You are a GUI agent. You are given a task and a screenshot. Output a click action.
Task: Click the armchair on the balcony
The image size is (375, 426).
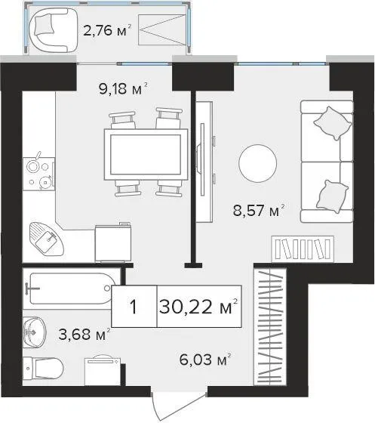point(53,30)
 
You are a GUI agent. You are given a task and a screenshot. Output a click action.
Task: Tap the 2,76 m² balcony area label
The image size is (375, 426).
point(107,30)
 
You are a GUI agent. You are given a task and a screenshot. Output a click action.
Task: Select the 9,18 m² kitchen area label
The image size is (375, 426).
point(123,88)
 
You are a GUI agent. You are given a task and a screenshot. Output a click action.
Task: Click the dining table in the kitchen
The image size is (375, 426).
point(146,155)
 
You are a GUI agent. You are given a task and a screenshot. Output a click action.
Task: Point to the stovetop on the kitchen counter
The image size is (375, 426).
point(38,174)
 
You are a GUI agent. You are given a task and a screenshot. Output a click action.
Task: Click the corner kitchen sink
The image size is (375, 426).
point(46,239)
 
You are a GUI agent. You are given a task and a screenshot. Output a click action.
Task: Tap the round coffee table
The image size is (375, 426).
point(258,163)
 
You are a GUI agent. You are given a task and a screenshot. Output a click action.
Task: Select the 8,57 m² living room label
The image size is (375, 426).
point(259,210)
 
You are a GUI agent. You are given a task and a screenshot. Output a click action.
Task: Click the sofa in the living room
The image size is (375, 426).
point(327,162)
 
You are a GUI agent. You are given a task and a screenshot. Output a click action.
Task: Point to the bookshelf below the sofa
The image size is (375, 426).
point(303,248)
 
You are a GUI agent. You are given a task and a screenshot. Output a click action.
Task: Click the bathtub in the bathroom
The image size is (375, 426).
point(71,289)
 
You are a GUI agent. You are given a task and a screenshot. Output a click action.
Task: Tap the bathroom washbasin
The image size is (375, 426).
point(35,332)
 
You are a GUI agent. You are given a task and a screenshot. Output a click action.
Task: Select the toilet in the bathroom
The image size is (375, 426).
point(43,369)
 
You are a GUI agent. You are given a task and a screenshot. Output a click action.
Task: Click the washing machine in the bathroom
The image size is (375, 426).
point(103,370)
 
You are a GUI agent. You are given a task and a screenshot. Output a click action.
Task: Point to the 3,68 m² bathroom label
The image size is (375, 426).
point(85,334)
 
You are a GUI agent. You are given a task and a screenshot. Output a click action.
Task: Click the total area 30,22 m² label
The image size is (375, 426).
point(198,307)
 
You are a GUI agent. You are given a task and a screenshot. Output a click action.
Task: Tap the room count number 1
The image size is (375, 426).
point(134,307)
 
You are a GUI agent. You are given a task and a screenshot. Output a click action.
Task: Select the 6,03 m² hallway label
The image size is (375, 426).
point(205,360)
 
